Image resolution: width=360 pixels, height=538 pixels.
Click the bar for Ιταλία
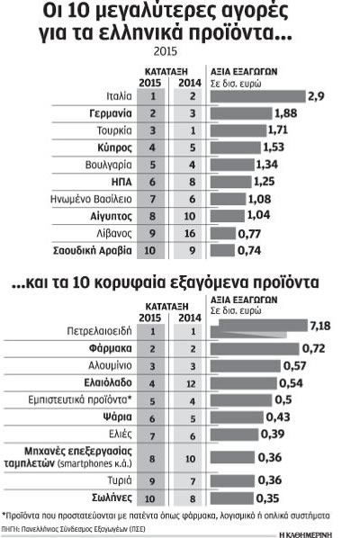point(257,96)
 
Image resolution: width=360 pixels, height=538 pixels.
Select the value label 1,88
point(286,113)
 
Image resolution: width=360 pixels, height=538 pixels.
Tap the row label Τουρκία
point(114,130)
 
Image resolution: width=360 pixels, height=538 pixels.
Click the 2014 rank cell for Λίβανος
point(190,233)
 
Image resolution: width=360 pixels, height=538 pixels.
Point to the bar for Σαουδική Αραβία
point(222,250)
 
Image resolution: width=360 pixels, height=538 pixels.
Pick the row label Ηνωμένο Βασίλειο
point(91,199)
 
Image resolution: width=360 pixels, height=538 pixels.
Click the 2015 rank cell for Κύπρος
point(152,148)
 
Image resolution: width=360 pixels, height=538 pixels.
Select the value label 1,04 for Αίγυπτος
point(259,216)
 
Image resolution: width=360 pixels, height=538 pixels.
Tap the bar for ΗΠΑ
point(231,182)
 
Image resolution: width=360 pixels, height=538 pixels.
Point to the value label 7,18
point(320,326)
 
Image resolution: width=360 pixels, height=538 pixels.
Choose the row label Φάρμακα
point(110,348)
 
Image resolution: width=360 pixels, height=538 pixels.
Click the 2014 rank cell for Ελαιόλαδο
point(191,383)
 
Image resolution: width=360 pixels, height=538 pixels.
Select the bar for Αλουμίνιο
point(246,366)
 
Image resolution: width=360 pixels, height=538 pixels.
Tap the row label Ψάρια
point(117,417)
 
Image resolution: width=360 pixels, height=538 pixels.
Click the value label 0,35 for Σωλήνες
point(267,498)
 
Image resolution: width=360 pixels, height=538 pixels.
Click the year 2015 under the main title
point(166,51)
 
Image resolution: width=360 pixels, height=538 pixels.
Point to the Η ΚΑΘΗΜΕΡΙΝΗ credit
point(306,534)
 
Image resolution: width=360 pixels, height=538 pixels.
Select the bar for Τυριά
point(232,480)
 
